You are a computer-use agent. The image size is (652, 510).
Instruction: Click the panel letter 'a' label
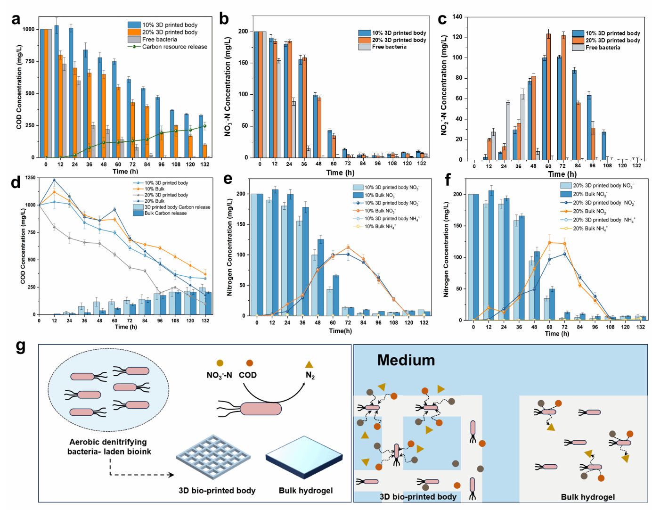pos(16,19)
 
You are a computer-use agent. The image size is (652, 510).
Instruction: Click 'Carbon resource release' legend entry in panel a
pos(174,47)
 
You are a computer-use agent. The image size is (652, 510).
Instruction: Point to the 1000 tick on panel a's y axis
pos(28,29)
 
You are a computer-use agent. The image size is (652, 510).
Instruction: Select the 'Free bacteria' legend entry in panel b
pos(389,47)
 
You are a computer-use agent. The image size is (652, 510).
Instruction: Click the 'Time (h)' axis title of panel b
pos(340,173)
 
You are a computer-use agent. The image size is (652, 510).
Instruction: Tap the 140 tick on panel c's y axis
pos(457,17)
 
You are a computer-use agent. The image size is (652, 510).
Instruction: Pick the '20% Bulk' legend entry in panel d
pos(154,201)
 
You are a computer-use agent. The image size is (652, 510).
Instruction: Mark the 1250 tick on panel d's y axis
pos(30,178)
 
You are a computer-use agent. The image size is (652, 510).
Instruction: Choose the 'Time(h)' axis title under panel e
pos(340,331)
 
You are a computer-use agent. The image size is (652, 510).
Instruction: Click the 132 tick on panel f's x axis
pos(641,327)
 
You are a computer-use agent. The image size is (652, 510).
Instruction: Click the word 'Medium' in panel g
pos(406,361)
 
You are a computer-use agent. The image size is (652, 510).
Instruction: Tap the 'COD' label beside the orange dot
pos(248,375)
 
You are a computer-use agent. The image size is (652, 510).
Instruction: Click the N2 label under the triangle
pos(310,375)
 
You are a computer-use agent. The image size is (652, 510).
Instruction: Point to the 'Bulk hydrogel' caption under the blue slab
pos(306,491)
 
